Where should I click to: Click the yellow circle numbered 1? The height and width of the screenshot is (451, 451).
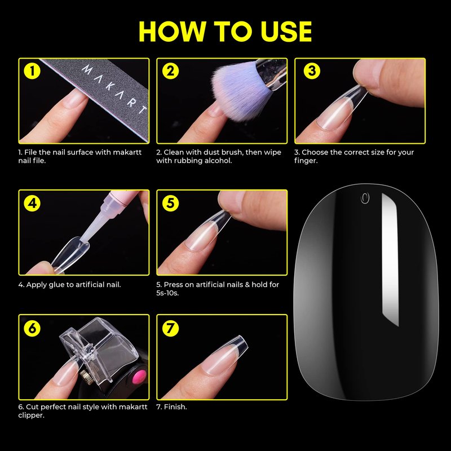(32, 71)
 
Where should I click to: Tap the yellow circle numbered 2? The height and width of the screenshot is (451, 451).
(170, 71)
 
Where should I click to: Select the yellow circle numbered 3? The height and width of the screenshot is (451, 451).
(312, 71)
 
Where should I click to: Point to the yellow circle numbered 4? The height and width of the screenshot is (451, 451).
(32, 203)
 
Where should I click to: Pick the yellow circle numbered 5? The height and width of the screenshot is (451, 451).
(170, 203)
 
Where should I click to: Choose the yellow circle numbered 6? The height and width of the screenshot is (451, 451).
(32, 328)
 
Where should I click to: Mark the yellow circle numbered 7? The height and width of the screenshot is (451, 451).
(170, 328)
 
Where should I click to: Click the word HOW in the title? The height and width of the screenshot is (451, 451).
(173, 32)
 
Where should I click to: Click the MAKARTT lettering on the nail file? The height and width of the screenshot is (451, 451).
(114, 89)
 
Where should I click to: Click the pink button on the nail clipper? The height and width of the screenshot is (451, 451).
(139, 377)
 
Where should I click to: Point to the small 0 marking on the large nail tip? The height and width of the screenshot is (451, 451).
(365, 198)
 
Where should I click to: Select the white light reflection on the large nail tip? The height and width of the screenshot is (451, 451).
(390, 259)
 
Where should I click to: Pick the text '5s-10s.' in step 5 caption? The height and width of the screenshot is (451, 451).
(167, 293)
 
